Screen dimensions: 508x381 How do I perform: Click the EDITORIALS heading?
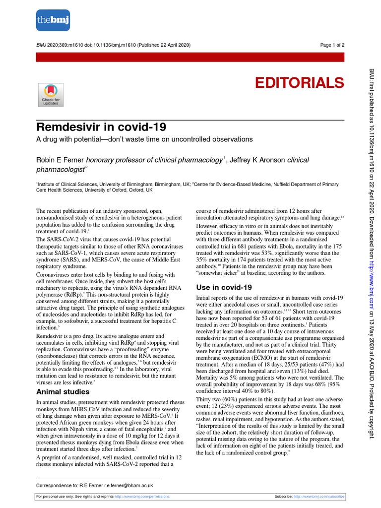[299, 82]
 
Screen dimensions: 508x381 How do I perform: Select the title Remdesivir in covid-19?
[102, 127]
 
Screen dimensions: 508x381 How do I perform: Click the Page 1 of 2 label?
[332, 45]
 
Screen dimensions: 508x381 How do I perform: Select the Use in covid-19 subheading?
[224, 287]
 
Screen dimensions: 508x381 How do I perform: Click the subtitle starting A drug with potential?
[145, 139]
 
